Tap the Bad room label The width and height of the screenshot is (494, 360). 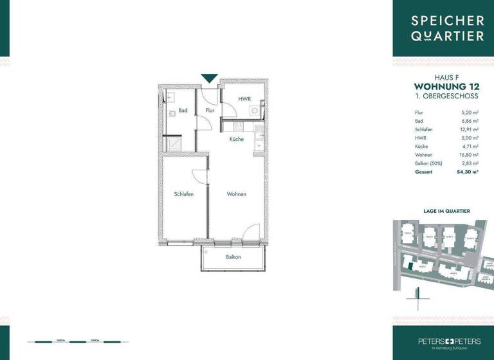click(183, 111)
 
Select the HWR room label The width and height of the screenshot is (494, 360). click(244, 99)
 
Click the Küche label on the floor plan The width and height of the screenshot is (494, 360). click(236, 139)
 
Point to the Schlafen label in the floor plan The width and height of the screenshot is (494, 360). click(183, 194)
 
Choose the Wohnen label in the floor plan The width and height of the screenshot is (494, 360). click(236, 194)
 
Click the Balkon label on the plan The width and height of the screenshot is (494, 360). click(233, 257)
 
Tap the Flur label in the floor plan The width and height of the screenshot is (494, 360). click(210, 111)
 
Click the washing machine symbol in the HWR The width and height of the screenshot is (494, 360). click(255, 111)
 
